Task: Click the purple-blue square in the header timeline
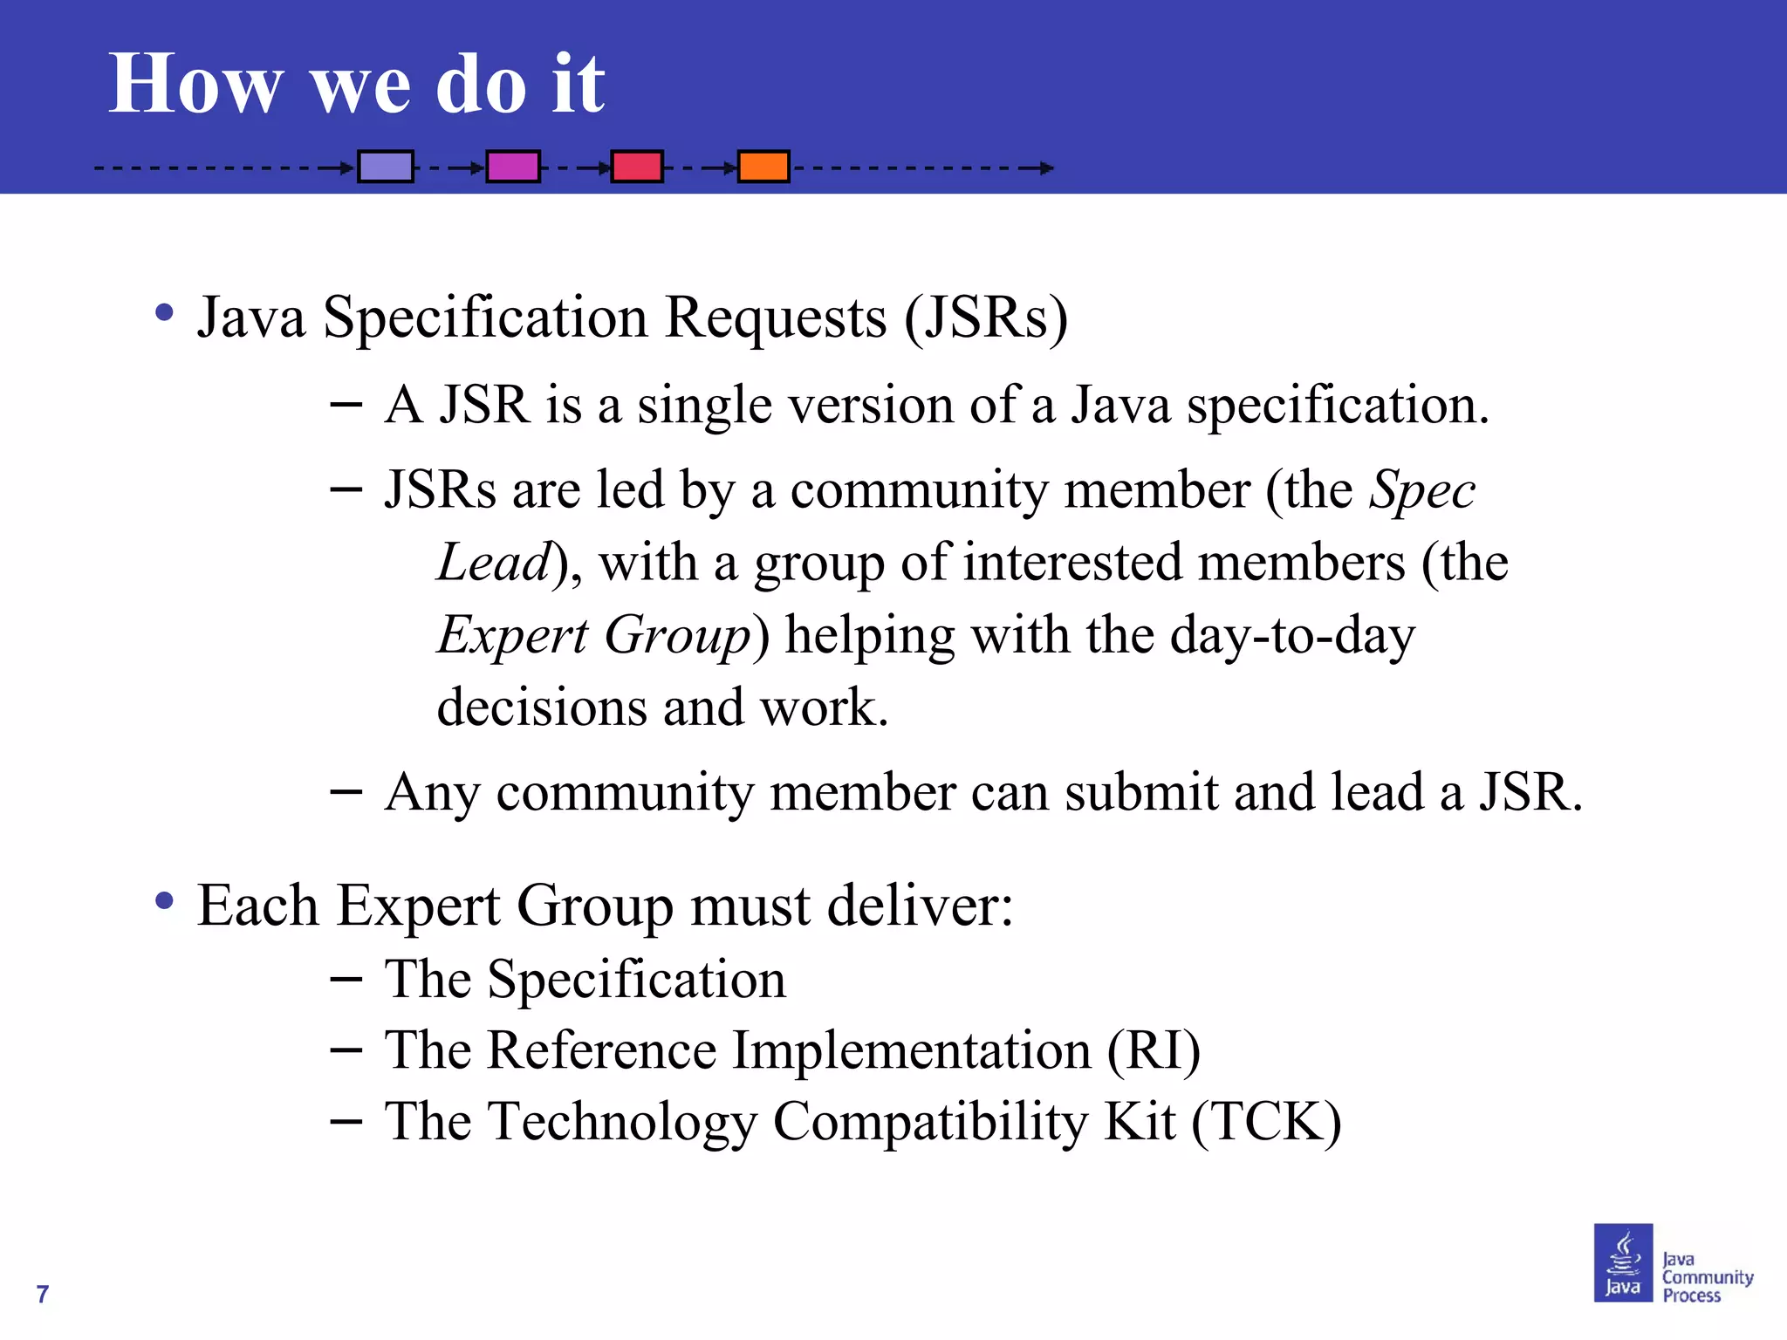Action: coord(386,167)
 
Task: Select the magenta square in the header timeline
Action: coord(513,167)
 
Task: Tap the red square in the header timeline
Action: coord(637,167)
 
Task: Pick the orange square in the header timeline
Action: coord(763,167)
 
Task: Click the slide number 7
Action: coord(42,1294)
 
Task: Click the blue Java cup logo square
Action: coord(1623,1262)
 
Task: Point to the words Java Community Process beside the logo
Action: coord(1706,1277)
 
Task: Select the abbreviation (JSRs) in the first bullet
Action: coord(986,318)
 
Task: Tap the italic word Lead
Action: coord(494,563)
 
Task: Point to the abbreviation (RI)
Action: coord(1154,1050)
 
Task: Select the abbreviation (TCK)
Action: coord(1266,1122)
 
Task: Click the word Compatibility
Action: coord(930,1122)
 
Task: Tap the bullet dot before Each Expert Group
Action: coord(164,901)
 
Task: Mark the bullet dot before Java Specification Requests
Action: coord(164,312)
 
